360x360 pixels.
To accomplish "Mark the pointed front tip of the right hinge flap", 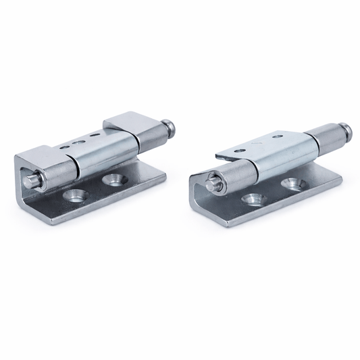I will coord(218,158).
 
